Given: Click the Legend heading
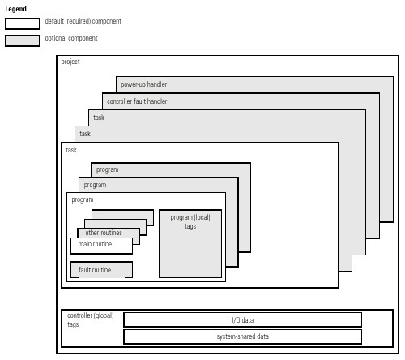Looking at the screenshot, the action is pos(15,9).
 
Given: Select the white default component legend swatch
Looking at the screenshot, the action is pos(22,24).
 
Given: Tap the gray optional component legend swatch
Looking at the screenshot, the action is pos(22,41).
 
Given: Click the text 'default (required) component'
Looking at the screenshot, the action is pos(83,21).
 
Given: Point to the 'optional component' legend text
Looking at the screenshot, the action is pos(71,38).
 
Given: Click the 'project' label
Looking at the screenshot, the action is pos(70,62).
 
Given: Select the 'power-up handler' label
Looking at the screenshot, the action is pos(143,84).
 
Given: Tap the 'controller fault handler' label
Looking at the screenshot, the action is pos(137,101).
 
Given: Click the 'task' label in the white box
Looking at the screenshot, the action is pos(71,150).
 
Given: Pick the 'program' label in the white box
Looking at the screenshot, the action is pos(83,199).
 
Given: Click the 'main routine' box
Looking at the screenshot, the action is pos(101,246).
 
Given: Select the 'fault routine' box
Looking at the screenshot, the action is pos(101,270).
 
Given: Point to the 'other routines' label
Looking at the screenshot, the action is pos(104,233).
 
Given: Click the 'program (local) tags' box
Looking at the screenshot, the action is pos(190,244).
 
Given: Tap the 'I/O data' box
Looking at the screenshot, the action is pos(243,320).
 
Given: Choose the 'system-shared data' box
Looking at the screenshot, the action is pos(243,336).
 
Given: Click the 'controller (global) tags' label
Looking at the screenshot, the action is pos(91,319).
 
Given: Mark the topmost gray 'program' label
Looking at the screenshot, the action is pos(108,169).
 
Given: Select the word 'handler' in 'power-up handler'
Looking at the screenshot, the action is pos(157,84).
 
